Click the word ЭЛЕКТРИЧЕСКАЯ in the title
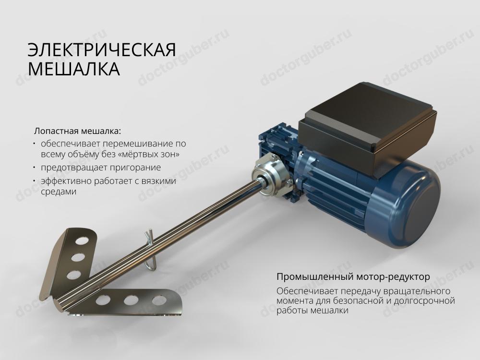click(102, 50)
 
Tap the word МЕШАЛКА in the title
click(73, 69)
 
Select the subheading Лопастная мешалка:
click(78, 131)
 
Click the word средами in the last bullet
click(59, 192)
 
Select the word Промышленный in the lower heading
click(316, 277)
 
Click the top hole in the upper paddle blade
click(81, 240)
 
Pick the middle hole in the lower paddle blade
click(131, 300)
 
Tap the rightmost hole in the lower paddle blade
click(159, 300)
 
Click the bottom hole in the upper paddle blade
click(73, 274)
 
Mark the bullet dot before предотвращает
click(35, 168)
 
